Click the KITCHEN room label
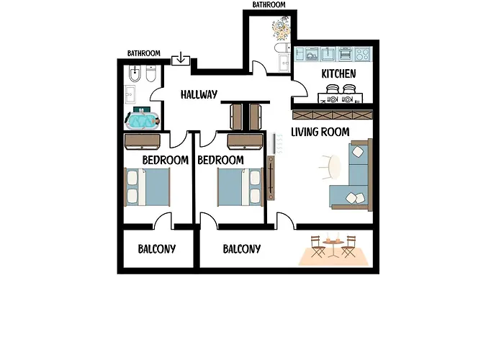338,73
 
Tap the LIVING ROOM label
320,132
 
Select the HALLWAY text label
199,94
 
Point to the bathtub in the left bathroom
143,121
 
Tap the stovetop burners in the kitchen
363,54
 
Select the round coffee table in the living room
334,167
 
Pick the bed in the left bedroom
147,187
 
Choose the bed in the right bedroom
240,187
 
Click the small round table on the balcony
333,247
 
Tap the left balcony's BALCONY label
157,249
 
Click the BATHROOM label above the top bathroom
269,4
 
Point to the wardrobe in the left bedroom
142,142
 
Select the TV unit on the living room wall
271,178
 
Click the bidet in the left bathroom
135,74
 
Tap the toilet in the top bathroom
282,48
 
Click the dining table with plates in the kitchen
341,98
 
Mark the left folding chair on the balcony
318,246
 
